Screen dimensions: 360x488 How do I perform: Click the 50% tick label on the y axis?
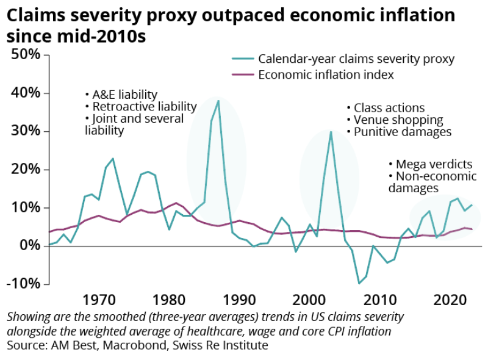(26, 54)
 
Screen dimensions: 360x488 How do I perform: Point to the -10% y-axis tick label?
(24, 284)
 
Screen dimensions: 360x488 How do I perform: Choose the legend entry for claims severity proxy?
(356, 59)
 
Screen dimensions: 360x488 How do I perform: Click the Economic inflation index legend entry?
(326, 75)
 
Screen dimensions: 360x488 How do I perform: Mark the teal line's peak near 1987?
(218, 101)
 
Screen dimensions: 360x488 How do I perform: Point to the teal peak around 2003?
(331, 132)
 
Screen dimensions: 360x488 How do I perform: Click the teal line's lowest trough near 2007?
(359, 283)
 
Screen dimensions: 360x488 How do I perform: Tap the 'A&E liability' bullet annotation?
(121, 95)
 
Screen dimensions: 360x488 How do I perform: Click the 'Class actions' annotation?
(385, 108)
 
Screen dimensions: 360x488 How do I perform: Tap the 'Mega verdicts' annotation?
(431, 164)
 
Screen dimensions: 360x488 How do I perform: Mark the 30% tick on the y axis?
(26, 131)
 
